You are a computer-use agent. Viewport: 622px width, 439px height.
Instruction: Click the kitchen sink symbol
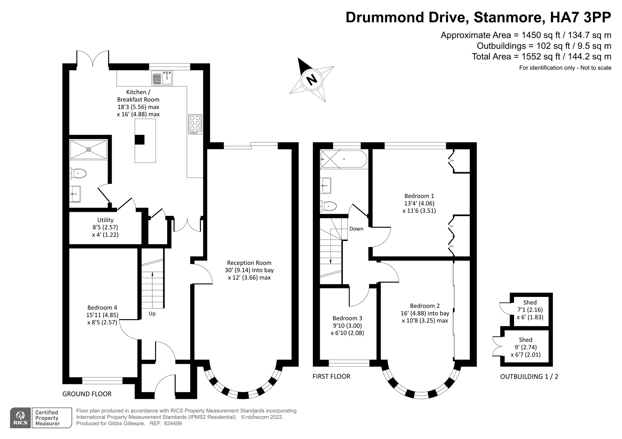[162, 78]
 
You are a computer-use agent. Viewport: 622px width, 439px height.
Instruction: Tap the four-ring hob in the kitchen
[195, 123]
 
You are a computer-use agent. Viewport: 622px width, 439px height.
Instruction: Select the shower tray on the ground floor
[88, 150]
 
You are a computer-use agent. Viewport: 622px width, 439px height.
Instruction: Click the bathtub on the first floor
[343, 159]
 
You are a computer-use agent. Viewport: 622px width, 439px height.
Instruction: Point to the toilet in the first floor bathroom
[329, 206]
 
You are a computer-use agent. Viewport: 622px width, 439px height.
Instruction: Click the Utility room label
[105, 220]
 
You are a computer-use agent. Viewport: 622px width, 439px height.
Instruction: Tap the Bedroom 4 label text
[102, 308]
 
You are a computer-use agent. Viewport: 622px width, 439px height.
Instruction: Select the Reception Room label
[249, 263]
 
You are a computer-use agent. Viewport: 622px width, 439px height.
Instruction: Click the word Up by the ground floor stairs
[152, 314]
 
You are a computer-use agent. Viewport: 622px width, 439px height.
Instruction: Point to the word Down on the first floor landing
[356, 229]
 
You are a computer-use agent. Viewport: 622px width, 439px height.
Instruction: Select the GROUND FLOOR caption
[87, 394]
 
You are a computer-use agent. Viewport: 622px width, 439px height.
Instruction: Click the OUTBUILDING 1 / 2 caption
[529, 376]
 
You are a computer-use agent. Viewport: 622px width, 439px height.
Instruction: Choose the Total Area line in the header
[541, 57]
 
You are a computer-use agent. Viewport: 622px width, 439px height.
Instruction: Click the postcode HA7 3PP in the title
[580, 17]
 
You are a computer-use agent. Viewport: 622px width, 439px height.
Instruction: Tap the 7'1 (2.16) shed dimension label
[530, 310]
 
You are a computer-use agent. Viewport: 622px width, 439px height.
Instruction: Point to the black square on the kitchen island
[139, 140]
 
